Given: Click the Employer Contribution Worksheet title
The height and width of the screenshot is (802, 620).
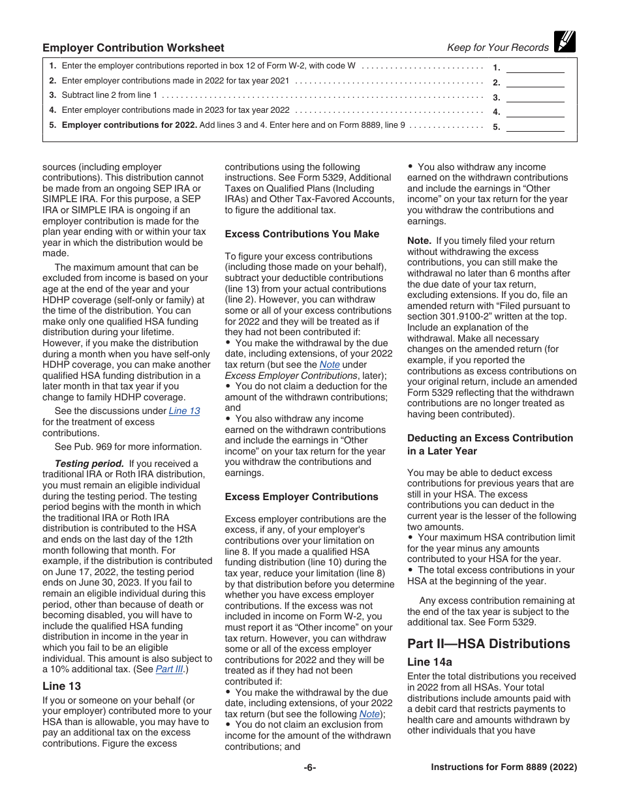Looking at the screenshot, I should [x=133, y=48].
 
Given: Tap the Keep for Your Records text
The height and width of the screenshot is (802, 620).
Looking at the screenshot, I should [x=497, y=48].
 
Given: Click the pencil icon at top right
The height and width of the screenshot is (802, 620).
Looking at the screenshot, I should [x=565, y=42].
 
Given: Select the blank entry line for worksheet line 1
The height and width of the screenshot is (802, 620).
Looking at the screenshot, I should [x=535, y=67].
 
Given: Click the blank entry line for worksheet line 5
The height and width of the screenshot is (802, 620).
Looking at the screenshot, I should [x=535, y=126].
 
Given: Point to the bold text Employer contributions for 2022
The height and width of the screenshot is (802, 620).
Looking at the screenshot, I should [x=129, y=125].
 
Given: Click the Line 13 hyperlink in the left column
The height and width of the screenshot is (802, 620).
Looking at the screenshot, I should [x=184, y=411].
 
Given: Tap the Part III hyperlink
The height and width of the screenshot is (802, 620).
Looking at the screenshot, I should [x=168, y=669].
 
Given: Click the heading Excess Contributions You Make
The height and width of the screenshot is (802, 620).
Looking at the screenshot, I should [x=302, y=234].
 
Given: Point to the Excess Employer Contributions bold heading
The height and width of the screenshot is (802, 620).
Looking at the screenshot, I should [x=302, y=497].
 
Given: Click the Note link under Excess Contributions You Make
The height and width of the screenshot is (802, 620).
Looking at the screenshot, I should [x=329, y=365].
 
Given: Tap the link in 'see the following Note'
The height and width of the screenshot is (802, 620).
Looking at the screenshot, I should [x=369, y=714].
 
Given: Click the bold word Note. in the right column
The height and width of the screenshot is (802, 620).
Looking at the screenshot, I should [x=420, y=241].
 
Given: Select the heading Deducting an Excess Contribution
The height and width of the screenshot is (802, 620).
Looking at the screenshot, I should [x=489, y=438].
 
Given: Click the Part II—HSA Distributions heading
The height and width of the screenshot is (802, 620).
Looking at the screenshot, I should [x=488, y=644].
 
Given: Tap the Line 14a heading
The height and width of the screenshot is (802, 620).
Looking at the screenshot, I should [x=429, y=662].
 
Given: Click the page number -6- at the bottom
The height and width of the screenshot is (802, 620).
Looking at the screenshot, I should [x=310, y=767].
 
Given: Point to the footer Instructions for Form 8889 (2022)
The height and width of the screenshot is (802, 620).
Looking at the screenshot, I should [x=504, y=767].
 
